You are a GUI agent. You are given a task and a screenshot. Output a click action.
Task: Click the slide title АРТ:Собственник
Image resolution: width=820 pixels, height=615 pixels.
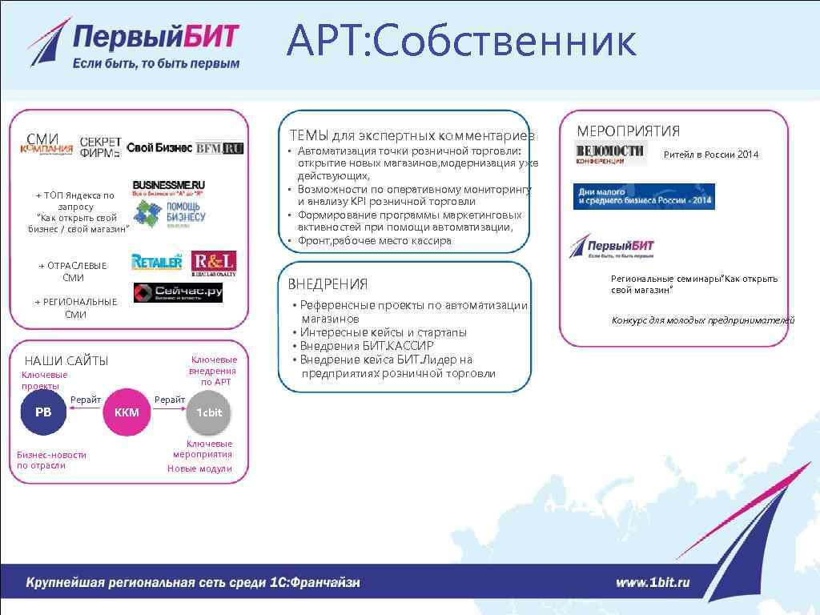(462, 42)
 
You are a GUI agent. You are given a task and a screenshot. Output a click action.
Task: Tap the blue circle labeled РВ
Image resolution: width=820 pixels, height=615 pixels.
(43, 412)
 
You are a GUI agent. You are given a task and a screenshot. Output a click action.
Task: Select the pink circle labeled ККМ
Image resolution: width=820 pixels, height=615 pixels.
(127, 412)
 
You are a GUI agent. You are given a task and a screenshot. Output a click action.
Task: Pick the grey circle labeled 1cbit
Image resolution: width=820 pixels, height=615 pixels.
(209, 412)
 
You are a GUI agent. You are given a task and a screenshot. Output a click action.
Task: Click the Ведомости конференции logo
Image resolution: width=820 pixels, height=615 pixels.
(610, 152)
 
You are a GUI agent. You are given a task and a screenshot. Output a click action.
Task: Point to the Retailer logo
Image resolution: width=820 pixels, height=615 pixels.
(157, 262)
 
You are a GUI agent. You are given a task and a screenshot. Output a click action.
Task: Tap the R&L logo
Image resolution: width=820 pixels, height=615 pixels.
(214, 263)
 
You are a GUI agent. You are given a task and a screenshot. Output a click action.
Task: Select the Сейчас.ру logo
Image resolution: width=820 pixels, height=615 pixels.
(178, 293)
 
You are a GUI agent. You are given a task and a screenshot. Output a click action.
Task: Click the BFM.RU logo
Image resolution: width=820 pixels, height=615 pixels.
(220, 148)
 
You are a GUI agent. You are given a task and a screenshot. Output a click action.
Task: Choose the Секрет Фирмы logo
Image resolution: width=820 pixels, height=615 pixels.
(101, 147)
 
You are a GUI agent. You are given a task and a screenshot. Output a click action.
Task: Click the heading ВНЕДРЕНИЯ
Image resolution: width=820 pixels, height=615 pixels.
(328, 284)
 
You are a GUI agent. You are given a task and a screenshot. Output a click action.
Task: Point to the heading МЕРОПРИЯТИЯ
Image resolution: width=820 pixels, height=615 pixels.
(628, 131)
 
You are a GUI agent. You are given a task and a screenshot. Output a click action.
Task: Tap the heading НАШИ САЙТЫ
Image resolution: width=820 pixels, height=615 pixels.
(66, 361)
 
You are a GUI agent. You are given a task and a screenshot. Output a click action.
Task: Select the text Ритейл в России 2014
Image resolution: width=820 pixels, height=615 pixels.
(710, 155)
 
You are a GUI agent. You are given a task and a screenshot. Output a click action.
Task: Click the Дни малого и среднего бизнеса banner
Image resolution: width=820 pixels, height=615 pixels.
(644, 196)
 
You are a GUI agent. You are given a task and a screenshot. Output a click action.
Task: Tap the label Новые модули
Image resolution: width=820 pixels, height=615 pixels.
(199, 468)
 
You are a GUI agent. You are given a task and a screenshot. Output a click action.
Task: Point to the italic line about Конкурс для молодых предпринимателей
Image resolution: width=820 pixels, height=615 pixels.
(703, 320)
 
